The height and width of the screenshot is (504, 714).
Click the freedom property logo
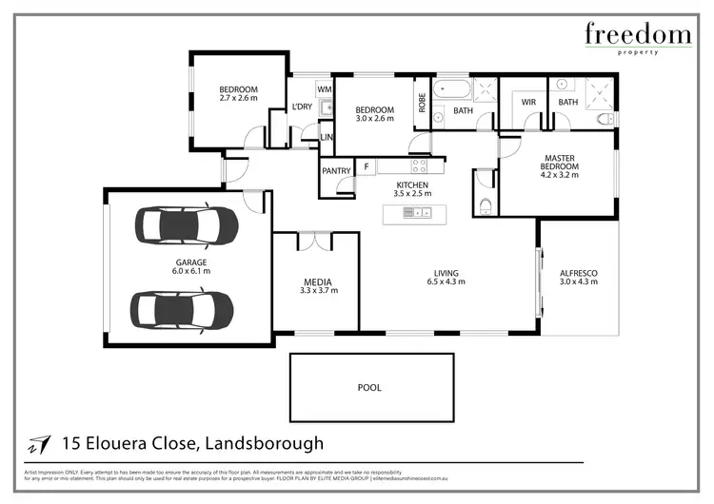pyautogui.click(x=637, y=39)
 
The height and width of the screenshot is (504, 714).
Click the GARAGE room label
pyautogui.click(x=190, y=262)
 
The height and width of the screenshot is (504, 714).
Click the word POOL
pyautogui.click(x=368, y=388)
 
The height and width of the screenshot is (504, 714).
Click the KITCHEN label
pyautogui.click(x=412, y=185)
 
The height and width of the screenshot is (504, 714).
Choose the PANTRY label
pyautogui.click(x=336, y=171)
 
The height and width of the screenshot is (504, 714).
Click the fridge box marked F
pyautogui.click(x=367, y=168)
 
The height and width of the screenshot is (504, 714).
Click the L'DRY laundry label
pyautogui.click(x=302, y=107)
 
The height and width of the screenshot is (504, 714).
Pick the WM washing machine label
pyautogui.click(x=324, y=89)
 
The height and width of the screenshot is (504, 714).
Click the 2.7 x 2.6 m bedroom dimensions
pyautogui.click(x=238, y=98)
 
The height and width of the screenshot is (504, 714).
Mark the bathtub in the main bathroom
pyautogui.click(x=451, y=92)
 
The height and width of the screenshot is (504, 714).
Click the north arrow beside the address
pyautogui.click(x=39, y=444)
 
